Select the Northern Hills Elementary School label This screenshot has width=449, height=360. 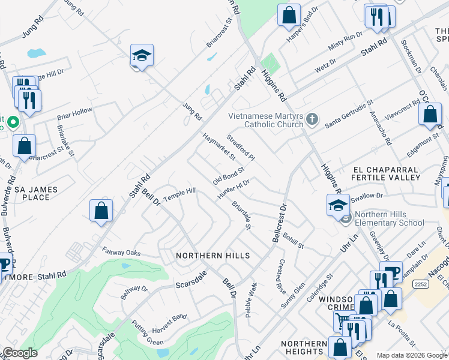(x=389, y=218)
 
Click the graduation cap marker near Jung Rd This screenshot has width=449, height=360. (x=142, y=58)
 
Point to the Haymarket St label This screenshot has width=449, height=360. (x=218, y=147)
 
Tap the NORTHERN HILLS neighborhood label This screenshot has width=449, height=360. (x=212, y=256)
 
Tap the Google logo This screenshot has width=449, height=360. (x=19, y=353)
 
